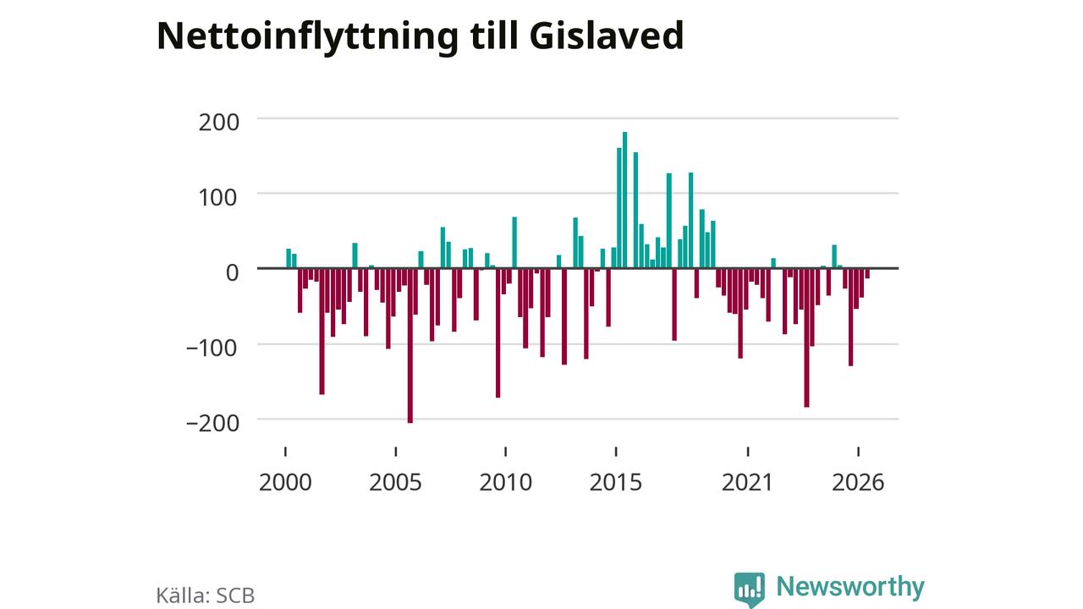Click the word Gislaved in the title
(x=607, y=36)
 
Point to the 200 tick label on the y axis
(x=218, y=123)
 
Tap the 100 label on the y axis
(x=217, y=198)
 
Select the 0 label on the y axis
(x=232, y=273)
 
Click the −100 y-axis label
(x=212, y=348)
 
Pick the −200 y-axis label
(x=212, y=424)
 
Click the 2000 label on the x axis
(x=285, y=482)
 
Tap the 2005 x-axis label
(x=395, y=482)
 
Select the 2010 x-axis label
(x=506, y=482)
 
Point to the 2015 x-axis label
(x=616, y=482)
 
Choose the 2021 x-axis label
(x=747, y=482)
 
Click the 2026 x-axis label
(x=858, y=482)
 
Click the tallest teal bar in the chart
(x=624, y=200)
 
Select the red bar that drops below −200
(x=410, y=346)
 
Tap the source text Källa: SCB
(x=206, y=595)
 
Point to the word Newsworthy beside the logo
(x=850, y=586)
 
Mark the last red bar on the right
(x=867, y=273)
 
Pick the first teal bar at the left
(x=289, y=259)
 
